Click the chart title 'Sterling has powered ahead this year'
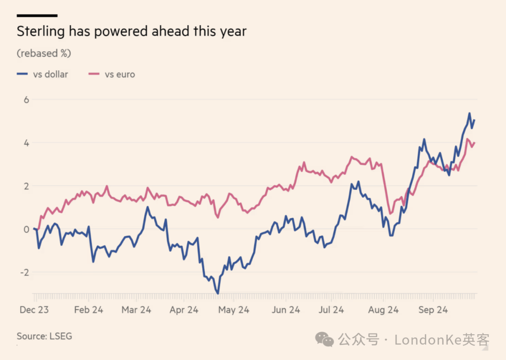coord(131,31)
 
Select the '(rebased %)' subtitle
coord(44,53)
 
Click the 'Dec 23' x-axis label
coord(34,310)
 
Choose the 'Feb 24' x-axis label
coord(89,310)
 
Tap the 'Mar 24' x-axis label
coord(136,310)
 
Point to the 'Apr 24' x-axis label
coord(184,310)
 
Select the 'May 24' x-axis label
coord(234,310)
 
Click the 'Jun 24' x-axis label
coord(286,310)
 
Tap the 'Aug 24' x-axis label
coord(383,310)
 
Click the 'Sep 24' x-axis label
coord(433,310)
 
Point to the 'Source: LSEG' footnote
coord(45,336)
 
